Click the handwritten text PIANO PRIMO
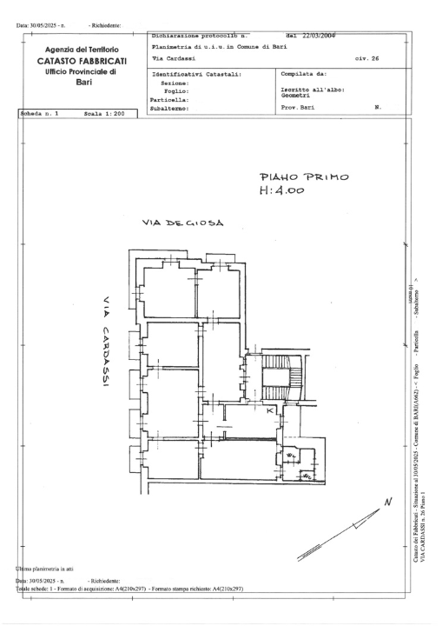[297, 177]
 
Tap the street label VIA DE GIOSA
[182, 223]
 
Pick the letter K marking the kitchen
[270, 410]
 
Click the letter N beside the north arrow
[387, 503]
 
